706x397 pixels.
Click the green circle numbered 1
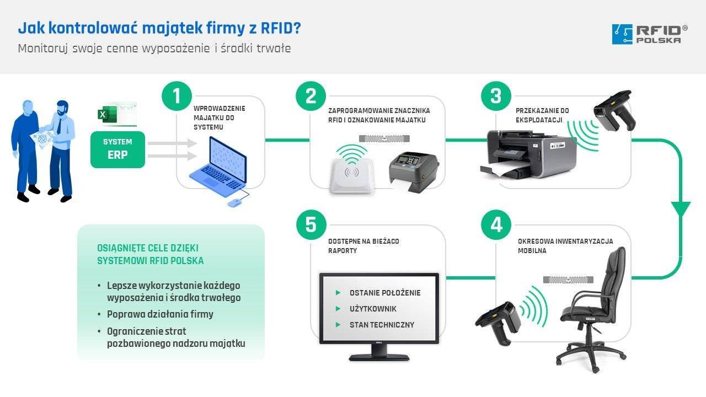(x=176, y=96)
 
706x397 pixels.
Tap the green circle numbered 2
(x=311, y=96)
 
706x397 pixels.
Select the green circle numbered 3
(x=496, y=96)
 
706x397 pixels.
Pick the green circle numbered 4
(x=496, y=225)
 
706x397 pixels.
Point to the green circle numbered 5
(x=311, y=225)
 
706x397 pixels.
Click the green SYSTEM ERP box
(x=117, y=149)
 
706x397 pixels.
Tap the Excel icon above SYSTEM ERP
(x=103, y=115)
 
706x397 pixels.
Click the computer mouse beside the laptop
(x=234, y=202)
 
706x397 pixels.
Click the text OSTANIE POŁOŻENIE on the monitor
(x=384, y=293)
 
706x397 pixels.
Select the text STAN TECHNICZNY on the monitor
(x=382, y=325)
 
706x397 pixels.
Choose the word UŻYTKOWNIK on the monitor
(x=373, y=309)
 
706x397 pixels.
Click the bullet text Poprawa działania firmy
(x=160, y=314)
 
